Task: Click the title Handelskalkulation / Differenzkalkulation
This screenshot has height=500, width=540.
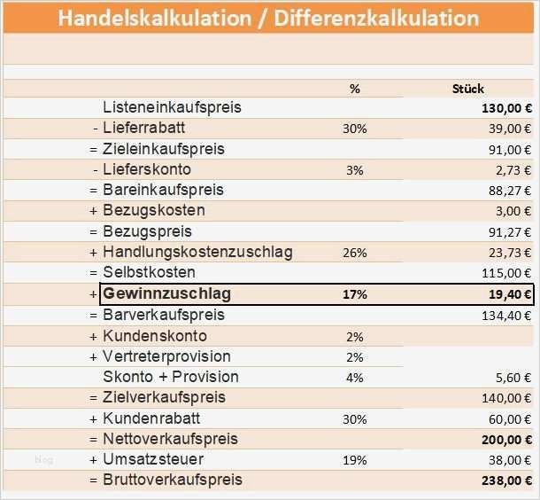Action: coord(269,18)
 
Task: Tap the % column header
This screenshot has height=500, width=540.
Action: coord(355,89)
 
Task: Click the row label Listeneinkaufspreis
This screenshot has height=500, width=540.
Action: coord(172,107)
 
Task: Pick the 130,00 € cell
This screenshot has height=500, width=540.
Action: coord(505,108)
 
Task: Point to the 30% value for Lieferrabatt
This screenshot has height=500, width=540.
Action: coord(354,129)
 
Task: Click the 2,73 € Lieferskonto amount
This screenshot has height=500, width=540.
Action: coord(512,169)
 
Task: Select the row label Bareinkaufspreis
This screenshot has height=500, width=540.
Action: coord(163,190)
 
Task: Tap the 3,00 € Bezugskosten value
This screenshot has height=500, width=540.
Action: coord(512,211)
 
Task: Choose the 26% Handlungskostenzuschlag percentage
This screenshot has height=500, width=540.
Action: coord(354,253)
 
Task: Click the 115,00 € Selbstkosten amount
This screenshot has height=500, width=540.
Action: coord(508,273)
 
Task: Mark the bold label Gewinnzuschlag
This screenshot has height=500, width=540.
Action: coord(161,293)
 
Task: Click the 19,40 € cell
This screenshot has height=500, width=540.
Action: coord(508,295)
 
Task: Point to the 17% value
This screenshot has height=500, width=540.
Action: coord(354,294)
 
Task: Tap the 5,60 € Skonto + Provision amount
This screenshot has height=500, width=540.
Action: coord(512,378)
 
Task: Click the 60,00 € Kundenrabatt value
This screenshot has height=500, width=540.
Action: coord(509,418)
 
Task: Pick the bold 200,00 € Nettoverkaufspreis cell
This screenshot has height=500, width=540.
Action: coord(505,439)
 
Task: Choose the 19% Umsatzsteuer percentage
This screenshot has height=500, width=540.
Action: coord(354,460)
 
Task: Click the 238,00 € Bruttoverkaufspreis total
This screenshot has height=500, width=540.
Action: coord(505,480)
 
